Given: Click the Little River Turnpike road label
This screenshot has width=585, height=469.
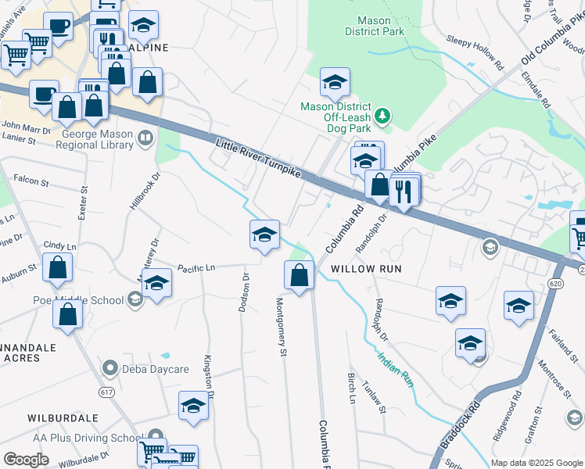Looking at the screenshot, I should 258,159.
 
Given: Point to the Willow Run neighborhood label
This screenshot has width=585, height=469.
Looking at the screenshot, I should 366,269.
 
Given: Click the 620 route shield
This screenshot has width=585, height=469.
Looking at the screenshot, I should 556,282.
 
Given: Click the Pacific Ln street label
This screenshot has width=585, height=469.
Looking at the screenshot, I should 196,268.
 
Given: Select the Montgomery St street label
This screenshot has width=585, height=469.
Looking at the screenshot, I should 282,328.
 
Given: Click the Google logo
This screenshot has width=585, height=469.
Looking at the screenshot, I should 26,460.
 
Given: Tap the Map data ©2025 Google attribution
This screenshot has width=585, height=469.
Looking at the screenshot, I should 536,463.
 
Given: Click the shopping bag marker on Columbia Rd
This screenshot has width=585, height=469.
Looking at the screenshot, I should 299,275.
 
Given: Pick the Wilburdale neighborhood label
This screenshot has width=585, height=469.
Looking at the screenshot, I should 62,418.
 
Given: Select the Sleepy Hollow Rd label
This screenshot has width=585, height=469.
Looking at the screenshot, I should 471,47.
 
